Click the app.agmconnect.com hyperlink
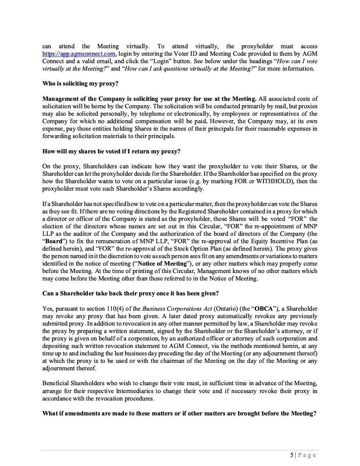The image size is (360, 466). [79, 54]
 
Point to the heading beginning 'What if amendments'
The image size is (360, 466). [179, 413]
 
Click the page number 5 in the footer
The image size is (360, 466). [291, 455]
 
